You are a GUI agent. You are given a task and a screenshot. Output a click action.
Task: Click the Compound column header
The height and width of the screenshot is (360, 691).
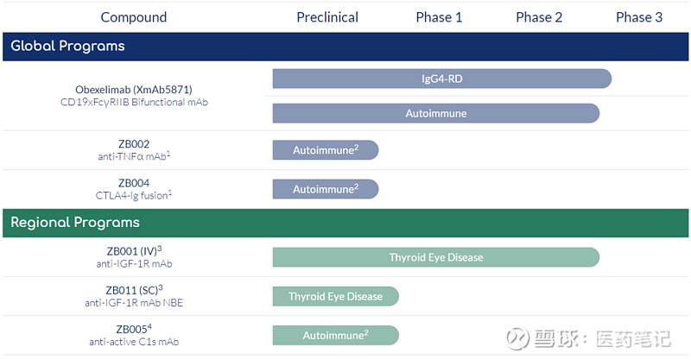(x=134, y=17)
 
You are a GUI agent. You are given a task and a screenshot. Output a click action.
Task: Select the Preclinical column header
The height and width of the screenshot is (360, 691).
(x=327, y=17)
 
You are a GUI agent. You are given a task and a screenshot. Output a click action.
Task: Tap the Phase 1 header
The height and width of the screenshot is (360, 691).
(x=439, y=17)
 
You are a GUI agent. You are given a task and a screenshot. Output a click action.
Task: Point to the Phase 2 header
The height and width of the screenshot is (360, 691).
(x=539, y=17)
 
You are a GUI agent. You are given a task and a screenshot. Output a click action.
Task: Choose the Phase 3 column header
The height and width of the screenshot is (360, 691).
(x=639, y=17)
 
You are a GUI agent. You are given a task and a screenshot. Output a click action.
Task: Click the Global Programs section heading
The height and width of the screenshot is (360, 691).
(x=67, y=47)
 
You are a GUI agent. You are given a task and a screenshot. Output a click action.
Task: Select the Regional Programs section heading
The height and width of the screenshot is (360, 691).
(x=74, y=223)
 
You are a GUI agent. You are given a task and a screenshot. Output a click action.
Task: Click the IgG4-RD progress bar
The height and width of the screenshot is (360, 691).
(x=441, y=79)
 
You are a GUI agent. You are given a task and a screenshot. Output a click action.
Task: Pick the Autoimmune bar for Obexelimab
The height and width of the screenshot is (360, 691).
(x=435, y=113)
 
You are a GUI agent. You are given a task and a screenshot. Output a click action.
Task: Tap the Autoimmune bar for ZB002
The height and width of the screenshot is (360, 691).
(x=325, y=150)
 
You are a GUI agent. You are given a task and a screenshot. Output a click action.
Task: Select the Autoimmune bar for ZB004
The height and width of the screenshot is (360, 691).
(x=325, y=189)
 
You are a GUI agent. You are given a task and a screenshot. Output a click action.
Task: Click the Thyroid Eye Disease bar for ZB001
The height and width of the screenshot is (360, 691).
(x=435, y=257)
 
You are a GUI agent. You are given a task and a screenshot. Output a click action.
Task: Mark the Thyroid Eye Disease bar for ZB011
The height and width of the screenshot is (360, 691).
(x=335, y=296)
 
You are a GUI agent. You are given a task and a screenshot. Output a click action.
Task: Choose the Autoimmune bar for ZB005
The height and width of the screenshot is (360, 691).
(x=335, y=335)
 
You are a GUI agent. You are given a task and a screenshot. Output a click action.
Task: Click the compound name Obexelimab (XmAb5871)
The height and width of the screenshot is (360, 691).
(x=133, y=90)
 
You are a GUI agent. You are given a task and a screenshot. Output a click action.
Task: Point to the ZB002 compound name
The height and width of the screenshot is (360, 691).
(x=134, y=144)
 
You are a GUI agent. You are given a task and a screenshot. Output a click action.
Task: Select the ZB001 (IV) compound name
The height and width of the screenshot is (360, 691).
(x=133, y=251)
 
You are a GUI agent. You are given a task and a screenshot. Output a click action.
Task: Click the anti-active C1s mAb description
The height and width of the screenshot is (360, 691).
(x=134, y=342)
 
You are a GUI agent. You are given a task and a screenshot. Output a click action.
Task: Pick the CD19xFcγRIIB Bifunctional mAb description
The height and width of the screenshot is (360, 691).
(x=134, y=103)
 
